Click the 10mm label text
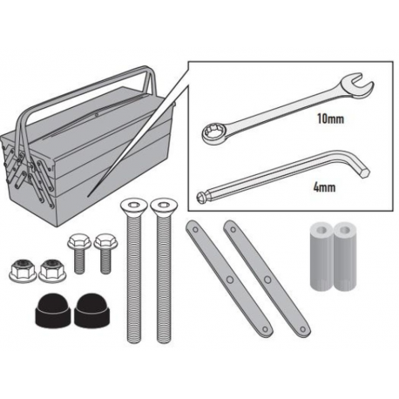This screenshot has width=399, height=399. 330,118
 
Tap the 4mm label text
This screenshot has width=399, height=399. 325,187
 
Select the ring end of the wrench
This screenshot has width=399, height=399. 213,135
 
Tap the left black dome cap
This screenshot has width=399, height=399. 52,310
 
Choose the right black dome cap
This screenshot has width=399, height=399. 91,310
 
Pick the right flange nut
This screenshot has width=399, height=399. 52,271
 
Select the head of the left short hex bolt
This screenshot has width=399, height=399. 79,240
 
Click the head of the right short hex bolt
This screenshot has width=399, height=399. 105,240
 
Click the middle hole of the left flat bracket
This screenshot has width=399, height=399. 230,280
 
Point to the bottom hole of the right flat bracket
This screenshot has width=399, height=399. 302,329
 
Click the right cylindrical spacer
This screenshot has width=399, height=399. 345,256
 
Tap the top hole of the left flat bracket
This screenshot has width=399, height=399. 195,230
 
